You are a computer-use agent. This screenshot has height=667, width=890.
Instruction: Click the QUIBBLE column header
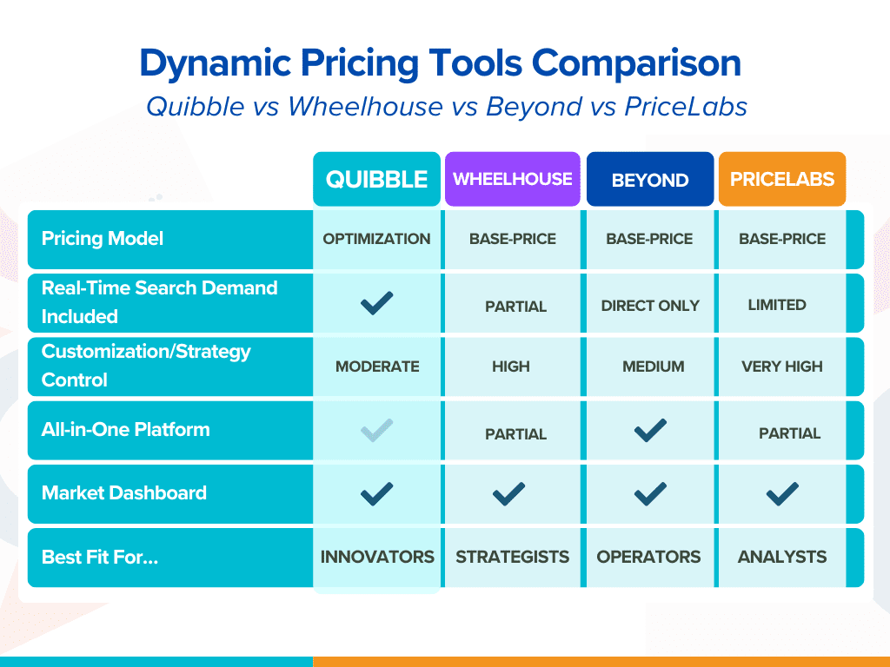click(x=376, y=179)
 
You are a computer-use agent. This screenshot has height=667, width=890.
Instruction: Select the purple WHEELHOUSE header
click(x=513, y=179)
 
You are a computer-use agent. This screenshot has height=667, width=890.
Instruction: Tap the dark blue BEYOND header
click(x=650, y=179)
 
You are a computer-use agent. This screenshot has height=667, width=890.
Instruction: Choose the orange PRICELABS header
click(x=782, y=179)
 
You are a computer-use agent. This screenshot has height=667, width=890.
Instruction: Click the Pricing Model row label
click(x=103, y=239)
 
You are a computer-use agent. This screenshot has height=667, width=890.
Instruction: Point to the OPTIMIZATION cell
click(x=376, y=239)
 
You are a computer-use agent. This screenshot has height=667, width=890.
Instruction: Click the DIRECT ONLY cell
click(x=650, y=306)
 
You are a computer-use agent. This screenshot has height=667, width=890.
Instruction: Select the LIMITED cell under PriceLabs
click(x=777, y=305)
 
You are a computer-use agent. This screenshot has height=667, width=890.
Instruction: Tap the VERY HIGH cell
click(x=782, y=367)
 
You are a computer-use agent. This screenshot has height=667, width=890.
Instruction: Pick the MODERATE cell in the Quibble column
click(x=377, y=367)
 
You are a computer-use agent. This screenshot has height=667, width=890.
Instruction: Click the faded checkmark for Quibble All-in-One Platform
click(x=376, y=431)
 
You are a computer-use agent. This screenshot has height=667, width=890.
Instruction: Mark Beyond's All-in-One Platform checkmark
click(x=650, y=431)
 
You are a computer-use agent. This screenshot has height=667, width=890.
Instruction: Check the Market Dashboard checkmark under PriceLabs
click(x=782, y=494)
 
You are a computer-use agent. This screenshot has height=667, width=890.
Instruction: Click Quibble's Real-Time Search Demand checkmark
click(x=376, y=303)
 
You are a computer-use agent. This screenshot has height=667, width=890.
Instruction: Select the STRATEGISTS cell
click(x=513, y=557)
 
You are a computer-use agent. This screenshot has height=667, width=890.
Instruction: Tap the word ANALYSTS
click(x=782, y=557)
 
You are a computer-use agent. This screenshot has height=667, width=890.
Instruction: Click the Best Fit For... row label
click(x=100, y=557)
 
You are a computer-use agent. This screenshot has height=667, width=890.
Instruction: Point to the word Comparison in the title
click(x=636, y=63)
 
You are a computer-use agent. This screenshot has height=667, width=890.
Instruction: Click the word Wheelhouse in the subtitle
click(x=365, y=107)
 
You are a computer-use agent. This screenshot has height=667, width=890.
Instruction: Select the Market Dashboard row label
click(x=123, y=493)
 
